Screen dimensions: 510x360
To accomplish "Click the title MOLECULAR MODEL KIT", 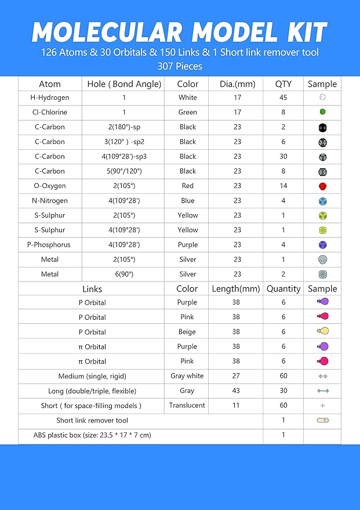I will click(180, 32).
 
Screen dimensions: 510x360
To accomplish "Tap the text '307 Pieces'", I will click(180, 66).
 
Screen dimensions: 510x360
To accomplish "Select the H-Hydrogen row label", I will click(50, 97).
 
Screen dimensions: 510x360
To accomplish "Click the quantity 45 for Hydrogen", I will click(283, 97).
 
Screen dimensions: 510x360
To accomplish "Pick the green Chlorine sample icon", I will click(322, 112).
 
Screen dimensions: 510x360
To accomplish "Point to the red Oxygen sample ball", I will click(322, 186).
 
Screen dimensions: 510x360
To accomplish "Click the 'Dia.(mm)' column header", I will click(237, 84).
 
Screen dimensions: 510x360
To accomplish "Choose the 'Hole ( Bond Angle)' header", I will click(124, 84).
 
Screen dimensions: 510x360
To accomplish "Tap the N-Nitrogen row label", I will click(50, 201).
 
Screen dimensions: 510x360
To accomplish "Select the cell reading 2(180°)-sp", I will click(124, 127).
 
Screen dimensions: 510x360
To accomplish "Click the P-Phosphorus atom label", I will click(50, 245).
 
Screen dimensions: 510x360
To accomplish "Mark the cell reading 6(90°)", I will click(124, 274).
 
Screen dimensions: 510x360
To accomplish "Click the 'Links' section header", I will click(92, 288).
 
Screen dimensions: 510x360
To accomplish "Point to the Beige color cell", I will click(187, 332).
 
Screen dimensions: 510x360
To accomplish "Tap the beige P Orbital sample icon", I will click(322, 331).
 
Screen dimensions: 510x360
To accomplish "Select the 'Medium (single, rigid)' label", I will click(92, 376).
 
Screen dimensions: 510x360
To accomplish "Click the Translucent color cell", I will click(187, 406).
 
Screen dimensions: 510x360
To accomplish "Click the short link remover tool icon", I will click(322, 420).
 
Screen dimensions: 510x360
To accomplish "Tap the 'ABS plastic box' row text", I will click(93, 435).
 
